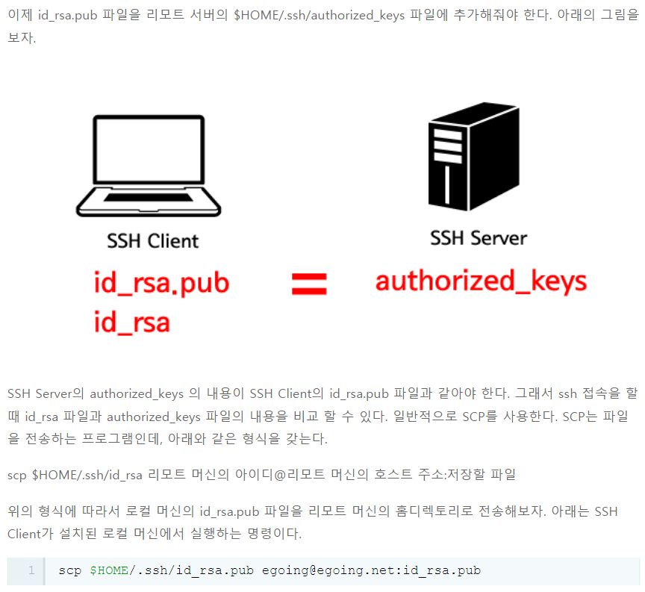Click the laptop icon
tap(149, 165)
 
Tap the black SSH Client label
tap(153, 241)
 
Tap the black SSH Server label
tap(479, 238)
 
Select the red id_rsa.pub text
tap(161, 284)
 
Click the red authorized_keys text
tap(481, 281)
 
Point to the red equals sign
tap(309, 284)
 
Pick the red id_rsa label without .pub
tap(131, 323)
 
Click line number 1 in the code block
tap(31, 571)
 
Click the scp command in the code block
tap(70, 571)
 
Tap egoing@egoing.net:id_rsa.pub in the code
tap(371, 571)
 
